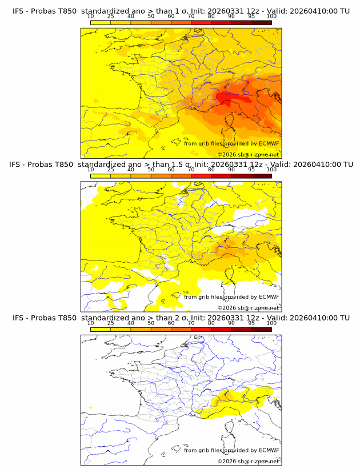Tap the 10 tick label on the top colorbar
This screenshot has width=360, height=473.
coord(90,16)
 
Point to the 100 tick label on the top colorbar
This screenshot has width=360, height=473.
coord(271,16)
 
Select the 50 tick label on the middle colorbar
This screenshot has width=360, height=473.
coord(151,170)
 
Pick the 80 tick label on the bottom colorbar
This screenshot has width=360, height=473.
coord(211,323)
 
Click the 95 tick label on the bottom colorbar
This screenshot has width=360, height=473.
coord(251,323)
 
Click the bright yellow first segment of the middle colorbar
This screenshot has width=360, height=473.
coord(100,175)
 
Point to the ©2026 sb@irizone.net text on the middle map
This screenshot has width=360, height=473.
coord(249,307)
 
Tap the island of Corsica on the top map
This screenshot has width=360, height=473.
coord(231,123)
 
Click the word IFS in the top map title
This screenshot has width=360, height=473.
coord(18,11)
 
